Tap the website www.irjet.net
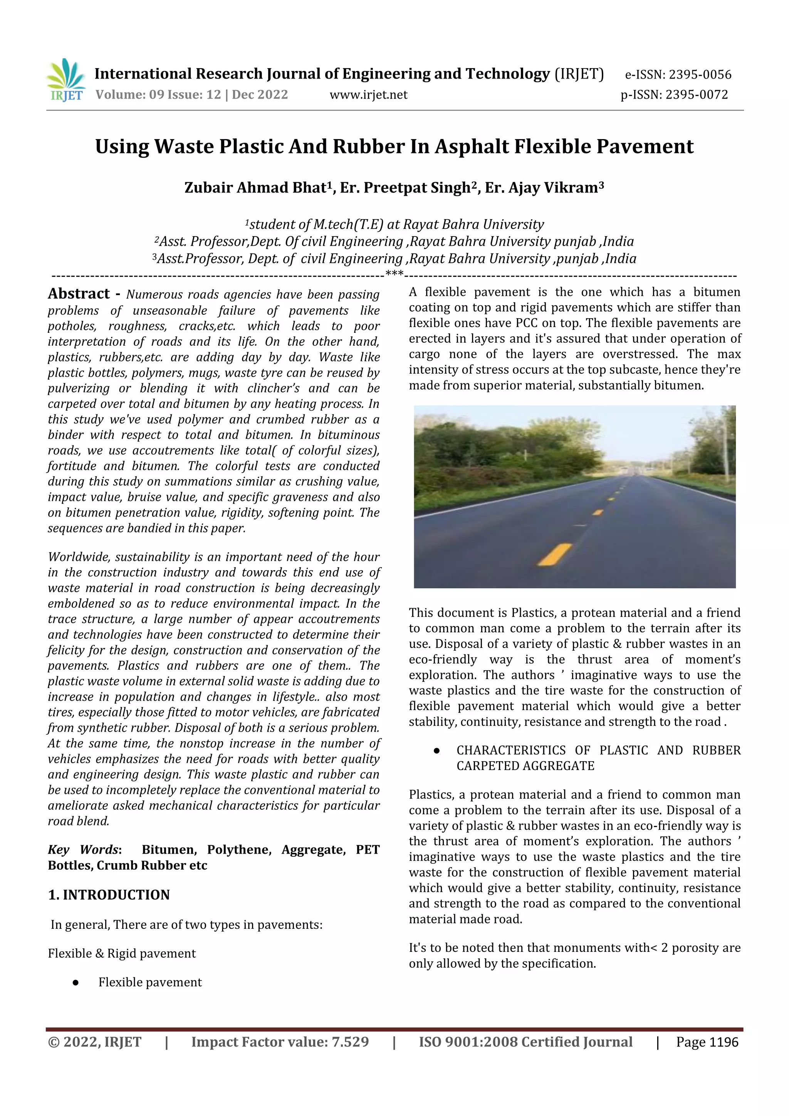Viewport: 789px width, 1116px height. (x=368, y=95)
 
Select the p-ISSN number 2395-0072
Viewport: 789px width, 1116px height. (x=696, y=95)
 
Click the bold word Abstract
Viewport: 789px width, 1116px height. (x=79, y=294)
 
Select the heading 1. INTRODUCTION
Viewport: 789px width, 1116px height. (x=109, y=895)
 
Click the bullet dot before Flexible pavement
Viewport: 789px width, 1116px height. (x=76, y=982)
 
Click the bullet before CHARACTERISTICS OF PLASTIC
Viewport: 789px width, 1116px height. (x=436, y=751)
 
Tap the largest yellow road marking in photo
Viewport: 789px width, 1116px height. (x=555, y=555)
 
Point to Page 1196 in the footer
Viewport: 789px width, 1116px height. (x=707, y=1042)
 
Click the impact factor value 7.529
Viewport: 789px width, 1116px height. (x=349, y=1042)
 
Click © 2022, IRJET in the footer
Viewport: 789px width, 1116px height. (x=94, y=1042)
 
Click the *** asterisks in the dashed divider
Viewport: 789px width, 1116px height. (x=394, y=274)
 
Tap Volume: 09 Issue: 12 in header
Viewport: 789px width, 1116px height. (x=158, y=95)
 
